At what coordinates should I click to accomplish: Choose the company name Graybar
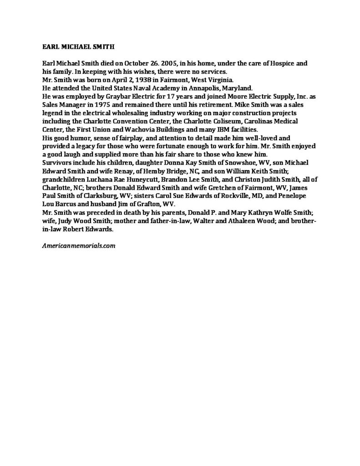129,95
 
